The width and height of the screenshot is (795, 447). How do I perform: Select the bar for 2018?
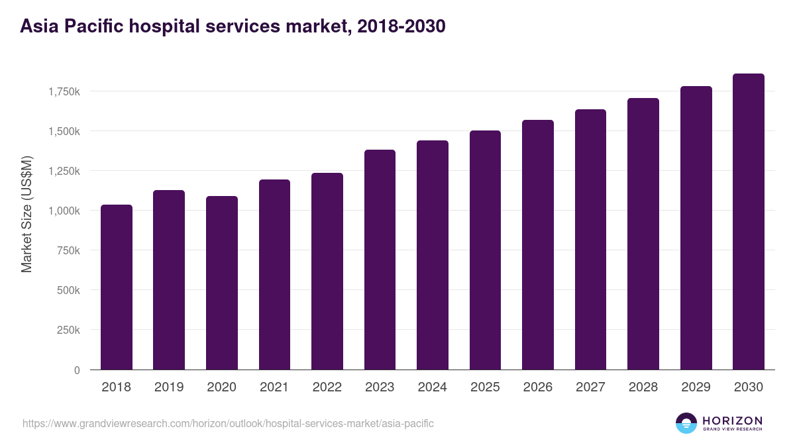pyautogui.click(x=117, y=287)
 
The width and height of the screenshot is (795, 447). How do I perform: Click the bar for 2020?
pyautogui.click(x=222, y=283)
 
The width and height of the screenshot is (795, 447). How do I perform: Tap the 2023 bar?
pyautogui.click(x=380, y=260)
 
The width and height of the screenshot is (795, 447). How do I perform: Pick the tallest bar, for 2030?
pyautogui.click(x=749, y=222)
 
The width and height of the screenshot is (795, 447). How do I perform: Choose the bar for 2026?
pyautogui.click(x=538, y=245)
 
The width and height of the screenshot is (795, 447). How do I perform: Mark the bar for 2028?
pyautogui.click(x=643, y=234)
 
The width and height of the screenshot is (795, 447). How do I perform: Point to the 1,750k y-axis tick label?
pyautogui.click(x=64, y=91)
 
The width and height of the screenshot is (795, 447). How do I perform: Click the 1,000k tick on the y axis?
pyautogui.click(x=64, y=211)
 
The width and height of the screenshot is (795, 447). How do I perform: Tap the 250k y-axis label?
pyautogui.click(x=69, y=330)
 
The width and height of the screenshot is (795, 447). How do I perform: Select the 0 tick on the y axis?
pyautogui.click(x=77, y=370)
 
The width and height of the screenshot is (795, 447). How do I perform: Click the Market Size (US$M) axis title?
pyautogui.click(x=26, y=214)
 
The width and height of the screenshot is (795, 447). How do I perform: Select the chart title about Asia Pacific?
pyautogui.click(x=233, y=26)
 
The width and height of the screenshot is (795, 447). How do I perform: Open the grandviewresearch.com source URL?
pyautogui.click(x=228, y=423)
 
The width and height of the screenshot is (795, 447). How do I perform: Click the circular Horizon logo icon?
pyautogui.click(x=686, y=423)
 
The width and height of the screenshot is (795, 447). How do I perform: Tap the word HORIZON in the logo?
pyautogui.click(x=732, y=420)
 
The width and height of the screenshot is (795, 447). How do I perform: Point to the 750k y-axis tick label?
pyautogui.click(x=69, y=250)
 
